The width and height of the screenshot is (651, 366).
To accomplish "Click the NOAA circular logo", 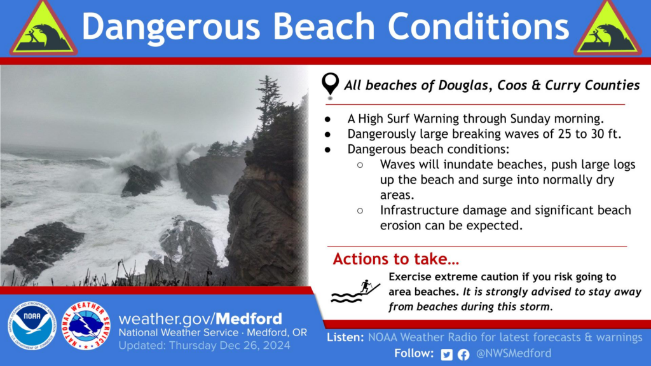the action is point(32,326).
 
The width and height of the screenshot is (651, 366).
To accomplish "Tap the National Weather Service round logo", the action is point(86,326).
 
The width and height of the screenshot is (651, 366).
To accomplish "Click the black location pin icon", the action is point(330,85).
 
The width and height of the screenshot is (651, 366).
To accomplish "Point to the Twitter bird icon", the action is point(447,355).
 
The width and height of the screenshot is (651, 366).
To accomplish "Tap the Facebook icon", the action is point(463,355).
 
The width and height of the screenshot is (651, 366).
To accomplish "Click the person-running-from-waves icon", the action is point(355,291).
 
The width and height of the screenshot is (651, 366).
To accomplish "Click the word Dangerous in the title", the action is point(170,27).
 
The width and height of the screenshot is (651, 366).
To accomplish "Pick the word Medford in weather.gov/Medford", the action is point(249,319).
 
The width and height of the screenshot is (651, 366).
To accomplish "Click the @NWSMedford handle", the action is point(514,353).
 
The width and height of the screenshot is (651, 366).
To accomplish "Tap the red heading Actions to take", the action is point(395,259).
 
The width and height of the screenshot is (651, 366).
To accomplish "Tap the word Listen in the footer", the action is point(345,337).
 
